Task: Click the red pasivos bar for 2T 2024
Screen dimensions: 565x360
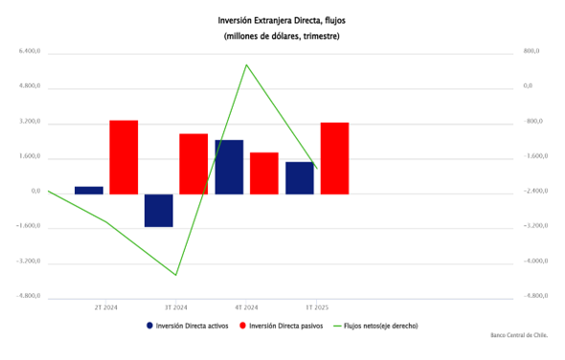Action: [124, 157]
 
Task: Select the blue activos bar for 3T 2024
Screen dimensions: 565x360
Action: [159, 211]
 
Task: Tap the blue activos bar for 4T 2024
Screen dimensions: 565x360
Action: [229, 167]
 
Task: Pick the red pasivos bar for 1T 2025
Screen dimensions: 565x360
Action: [335, 158]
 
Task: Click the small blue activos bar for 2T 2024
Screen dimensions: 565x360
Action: [89, 191]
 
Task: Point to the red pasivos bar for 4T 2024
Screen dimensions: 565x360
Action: [264, 173]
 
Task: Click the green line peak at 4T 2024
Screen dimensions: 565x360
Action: [246, 65]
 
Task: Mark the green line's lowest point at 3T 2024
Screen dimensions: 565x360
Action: [176, 275]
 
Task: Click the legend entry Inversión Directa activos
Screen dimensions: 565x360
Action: [188, 326]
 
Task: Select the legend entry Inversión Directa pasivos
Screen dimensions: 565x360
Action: [281, 326]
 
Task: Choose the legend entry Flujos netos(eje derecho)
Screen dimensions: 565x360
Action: [375, 326]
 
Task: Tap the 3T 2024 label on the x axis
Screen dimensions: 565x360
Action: [176, 307]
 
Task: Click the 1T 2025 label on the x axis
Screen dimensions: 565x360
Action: [317, 307]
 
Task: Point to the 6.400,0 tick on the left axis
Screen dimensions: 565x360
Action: [30, 51]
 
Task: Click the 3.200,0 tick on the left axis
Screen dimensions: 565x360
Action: [30, 121]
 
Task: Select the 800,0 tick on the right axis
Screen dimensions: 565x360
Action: [531, 51]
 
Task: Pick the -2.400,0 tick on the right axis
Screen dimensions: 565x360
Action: [535, 191]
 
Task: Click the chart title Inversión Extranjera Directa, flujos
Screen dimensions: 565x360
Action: [282, 20]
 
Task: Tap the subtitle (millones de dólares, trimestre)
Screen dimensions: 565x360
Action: [282, 36]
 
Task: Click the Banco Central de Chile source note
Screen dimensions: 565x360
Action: [519, 335]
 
